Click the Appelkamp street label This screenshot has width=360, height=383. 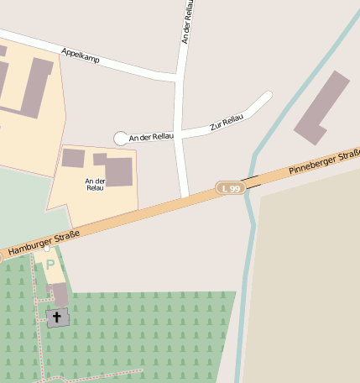tap(81, 56)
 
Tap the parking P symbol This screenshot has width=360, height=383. tap(50, 264)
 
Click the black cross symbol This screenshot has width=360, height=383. tap(57, 317)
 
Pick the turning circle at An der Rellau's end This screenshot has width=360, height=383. tap(121, 138)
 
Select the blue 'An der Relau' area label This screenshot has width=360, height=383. tap(95, 184)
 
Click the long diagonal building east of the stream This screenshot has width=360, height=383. tap(322, 107)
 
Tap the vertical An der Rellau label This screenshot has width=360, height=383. tap(186, 21)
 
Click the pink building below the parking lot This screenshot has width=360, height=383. tap(59, 295)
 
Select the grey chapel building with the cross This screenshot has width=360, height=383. tap(57, 317)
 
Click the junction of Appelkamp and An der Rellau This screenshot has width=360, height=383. tap(179, 78)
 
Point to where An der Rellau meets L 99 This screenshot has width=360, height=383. tap(185, 198)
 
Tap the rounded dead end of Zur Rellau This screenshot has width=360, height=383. tap(268, 96)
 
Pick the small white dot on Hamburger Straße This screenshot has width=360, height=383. tap(47, 249)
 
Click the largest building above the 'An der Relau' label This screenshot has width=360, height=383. tap(118, 171)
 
